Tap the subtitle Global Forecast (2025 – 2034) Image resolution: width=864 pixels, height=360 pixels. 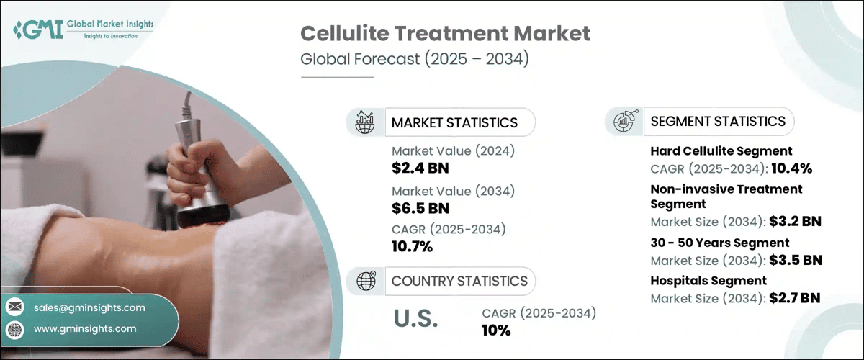click(x=415, y=60)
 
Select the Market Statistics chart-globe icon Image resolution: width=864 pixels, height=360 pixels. click(x=363, y=122)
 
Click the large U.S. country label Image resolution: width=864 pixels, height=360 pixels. click(x=415, y=320)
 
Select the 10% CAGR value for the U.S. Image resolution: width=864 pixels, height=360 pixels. click(x=496, y=330)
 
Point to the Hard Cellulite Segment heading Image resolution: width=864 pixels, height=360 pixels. click(x=721, y=151)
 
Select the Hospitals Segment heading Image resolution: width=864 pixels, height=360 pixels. click(x=708, y=280)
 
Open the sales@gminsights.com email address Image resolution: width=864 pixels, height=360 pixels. click(x=89, y=307)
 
